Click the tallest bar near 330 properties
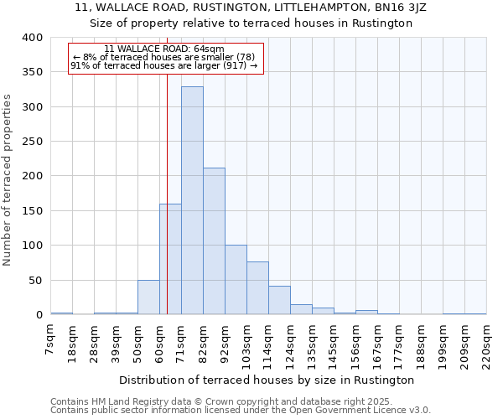(192, 201)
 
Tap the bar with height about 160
(170, 260)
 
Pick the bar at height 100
(236, 280)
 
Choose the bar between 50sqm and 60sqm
(148, 297)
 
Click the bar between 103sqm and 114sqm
(257, 288)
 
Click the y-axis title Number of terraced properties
(8, 179)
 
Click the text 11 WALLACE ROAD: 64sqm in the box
(164, 49)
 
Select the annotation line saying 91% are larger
(164, 65)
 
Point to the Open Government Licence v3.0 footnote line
(241, 410)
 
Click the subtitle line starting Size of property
(251, 23)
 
